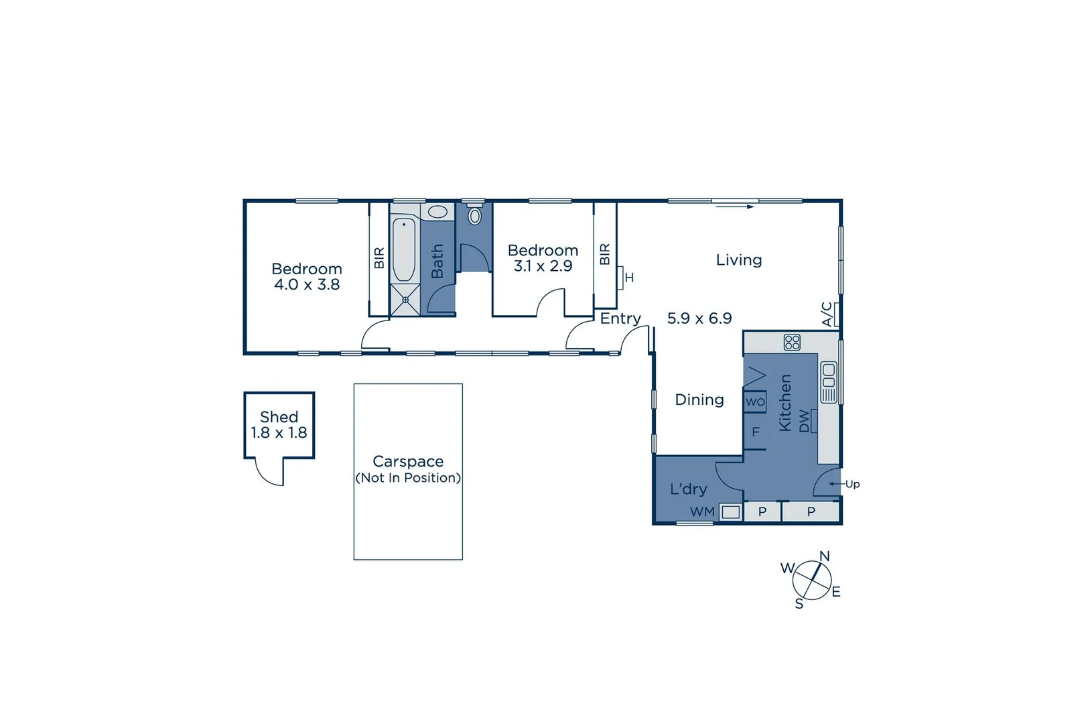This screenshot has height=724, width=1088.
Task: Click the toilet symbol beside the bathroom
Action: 474,216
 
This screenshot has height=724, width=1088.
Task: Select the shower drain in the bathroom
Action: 405,300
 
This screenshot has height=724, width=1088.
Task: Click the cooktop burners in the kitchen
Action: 792,343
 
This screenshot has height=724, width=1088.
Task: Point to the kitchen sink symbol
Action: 829,382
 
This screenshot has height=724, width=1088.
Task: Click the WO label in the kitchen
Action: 755,402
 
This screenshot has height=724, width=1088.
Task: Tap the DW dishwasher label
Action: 805,421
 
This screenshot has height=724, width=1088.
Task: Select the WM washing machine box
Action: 730,512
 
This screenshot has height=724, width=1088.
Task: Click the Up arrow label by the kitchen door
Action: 852,484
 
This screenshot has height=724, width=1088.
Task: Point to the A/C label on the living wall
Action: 827,314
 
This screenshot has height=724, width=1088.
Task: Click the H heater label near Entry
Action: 629,278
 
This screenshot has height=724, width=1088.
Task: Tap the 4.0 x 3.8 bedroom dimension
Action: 307,284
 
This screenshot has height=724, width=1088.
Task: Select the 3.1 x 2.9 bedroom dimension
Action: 543,266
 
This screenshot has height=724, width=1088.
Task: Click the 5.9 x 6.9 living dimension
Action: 699,318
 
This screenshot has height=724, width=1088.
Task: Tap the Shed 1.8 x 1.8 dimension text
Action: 279,433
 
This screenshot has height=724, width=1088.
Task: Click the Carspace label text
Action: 408,461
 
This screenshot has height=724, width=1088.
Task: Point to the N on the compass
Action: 825,556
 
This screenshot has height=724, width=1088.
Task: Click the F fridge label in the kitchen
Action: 756,432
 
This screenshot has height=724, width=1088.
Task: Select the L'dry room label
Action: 688,489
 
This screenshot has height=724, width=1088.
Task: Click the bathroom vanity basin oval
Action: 437,213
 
